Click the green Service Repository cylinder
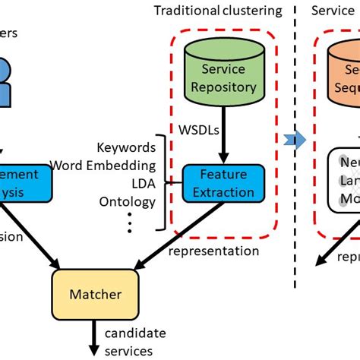223,77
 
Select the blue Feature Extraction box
223,184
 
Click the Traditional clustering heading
218,11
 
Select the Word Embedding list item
103,165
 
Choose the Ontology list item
128,201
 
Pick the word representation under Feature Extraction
213,251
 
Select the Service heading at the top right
332,11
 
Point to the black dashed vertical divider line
295,190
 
